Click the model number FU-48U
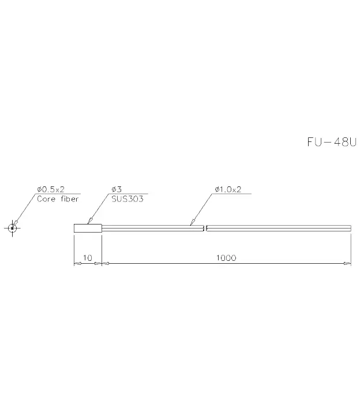pos(332,142)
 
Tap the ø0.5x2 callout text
pos(51,189)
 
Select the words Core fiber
pos(58,199)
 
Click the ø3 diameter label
pos(117,189)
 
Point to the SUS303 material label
pos(127,199)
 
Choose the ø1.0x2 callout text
pos(228,189)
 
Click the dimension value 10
pos(88,257)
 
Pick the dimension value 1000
pos(226,257)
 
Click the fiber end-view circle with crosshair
pos(12,228)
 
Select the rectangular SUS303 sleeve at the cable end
pos(88,229)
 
